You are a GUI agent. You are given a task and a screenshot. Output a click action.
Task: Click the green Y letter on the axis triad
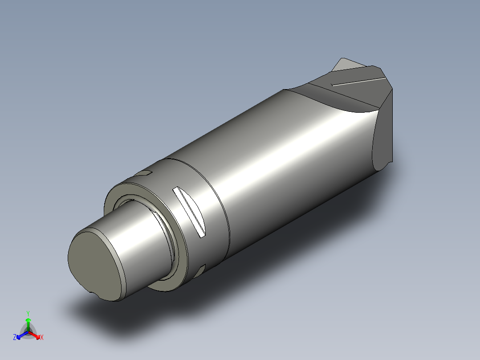click(x=28, y=313)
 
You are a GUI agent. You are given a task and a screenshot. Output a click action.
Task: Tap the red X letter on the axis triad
click(x=41, y=338)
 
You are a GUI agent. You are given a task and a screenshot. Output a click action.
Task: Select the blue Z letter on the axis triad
click(x=15, y=338)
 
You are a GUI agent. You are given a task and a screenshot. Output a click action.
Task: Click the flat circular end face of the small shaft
click(x=94, y=266)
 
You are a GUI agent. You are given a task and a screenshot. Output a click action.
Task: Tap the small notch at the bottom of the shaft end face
click(x=93, y=293)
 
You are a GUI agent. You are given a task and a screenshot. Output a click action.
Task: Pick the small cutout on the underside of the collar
click(x=200, y=269)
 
